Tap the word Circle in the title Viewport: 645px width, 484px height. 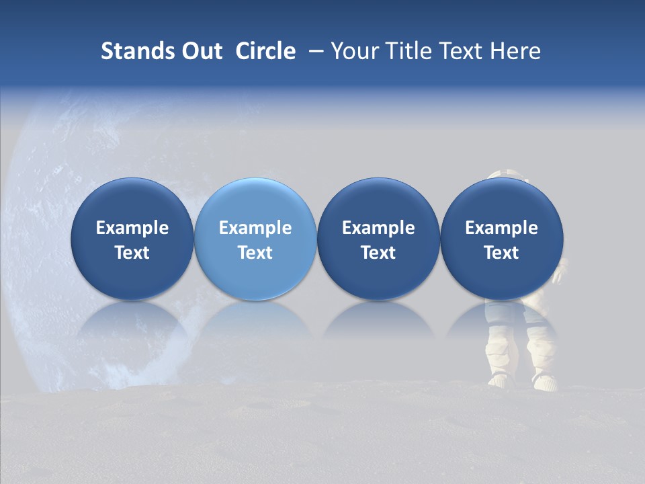(265, 51)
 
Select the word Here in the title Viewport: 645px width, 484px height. (515, 51)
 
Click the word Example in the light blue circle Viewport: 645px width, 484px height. (255, 228)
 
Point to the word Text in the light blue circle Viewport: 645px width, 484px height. (255, 253)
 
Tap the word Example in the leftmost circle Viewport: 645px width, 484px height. (132, 228)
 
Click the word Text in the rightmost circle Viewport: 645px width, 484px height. (502, 253)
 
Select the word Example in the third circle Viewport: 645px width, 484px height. (378, 228)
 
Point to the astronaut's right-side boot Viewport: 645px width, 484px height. (544, 380)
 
